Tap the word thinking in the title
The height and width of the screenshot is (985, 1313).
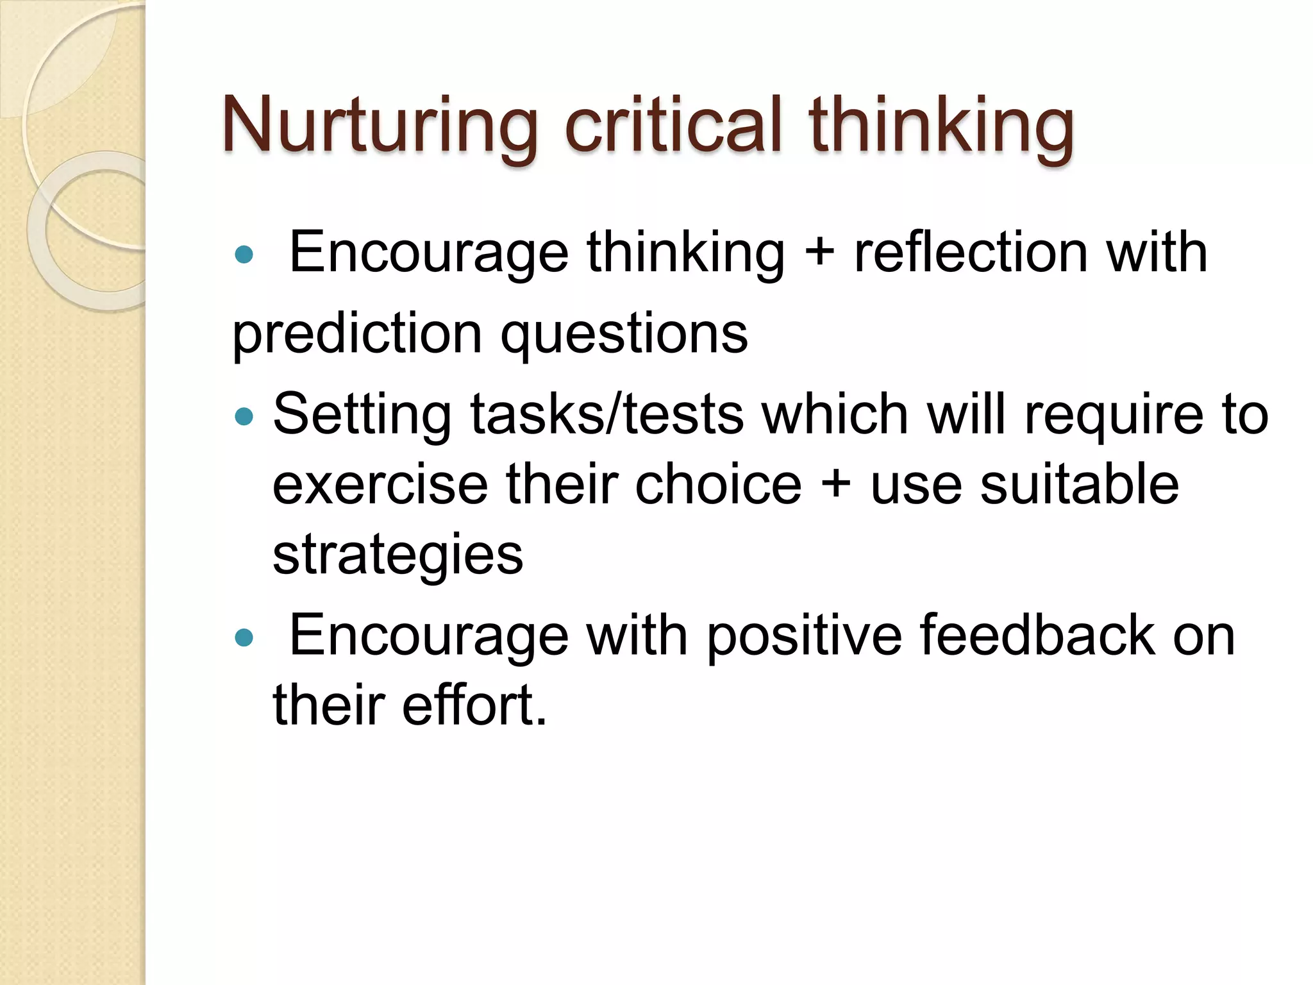pyautogui.click(x=941, y=125)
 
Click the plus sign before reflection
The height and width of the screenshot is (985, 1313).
pyautogui.click(x=819, y=252)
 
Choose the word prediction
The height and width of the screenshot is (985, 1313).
pyautogui.click(x=357, y=333)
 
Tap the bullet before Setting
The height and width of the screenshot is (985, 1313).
pyautogui.click(x=244, y=417)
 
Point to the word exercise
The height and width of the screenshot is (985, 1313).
pyautogui.click(x=380, y=485)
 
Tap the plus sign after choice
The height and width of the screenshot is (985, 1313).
pyautogui.click(x=835, y=485)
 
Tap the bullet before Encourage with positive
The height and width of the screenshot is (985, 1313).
pyautogui.click(x=244, y=638)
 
